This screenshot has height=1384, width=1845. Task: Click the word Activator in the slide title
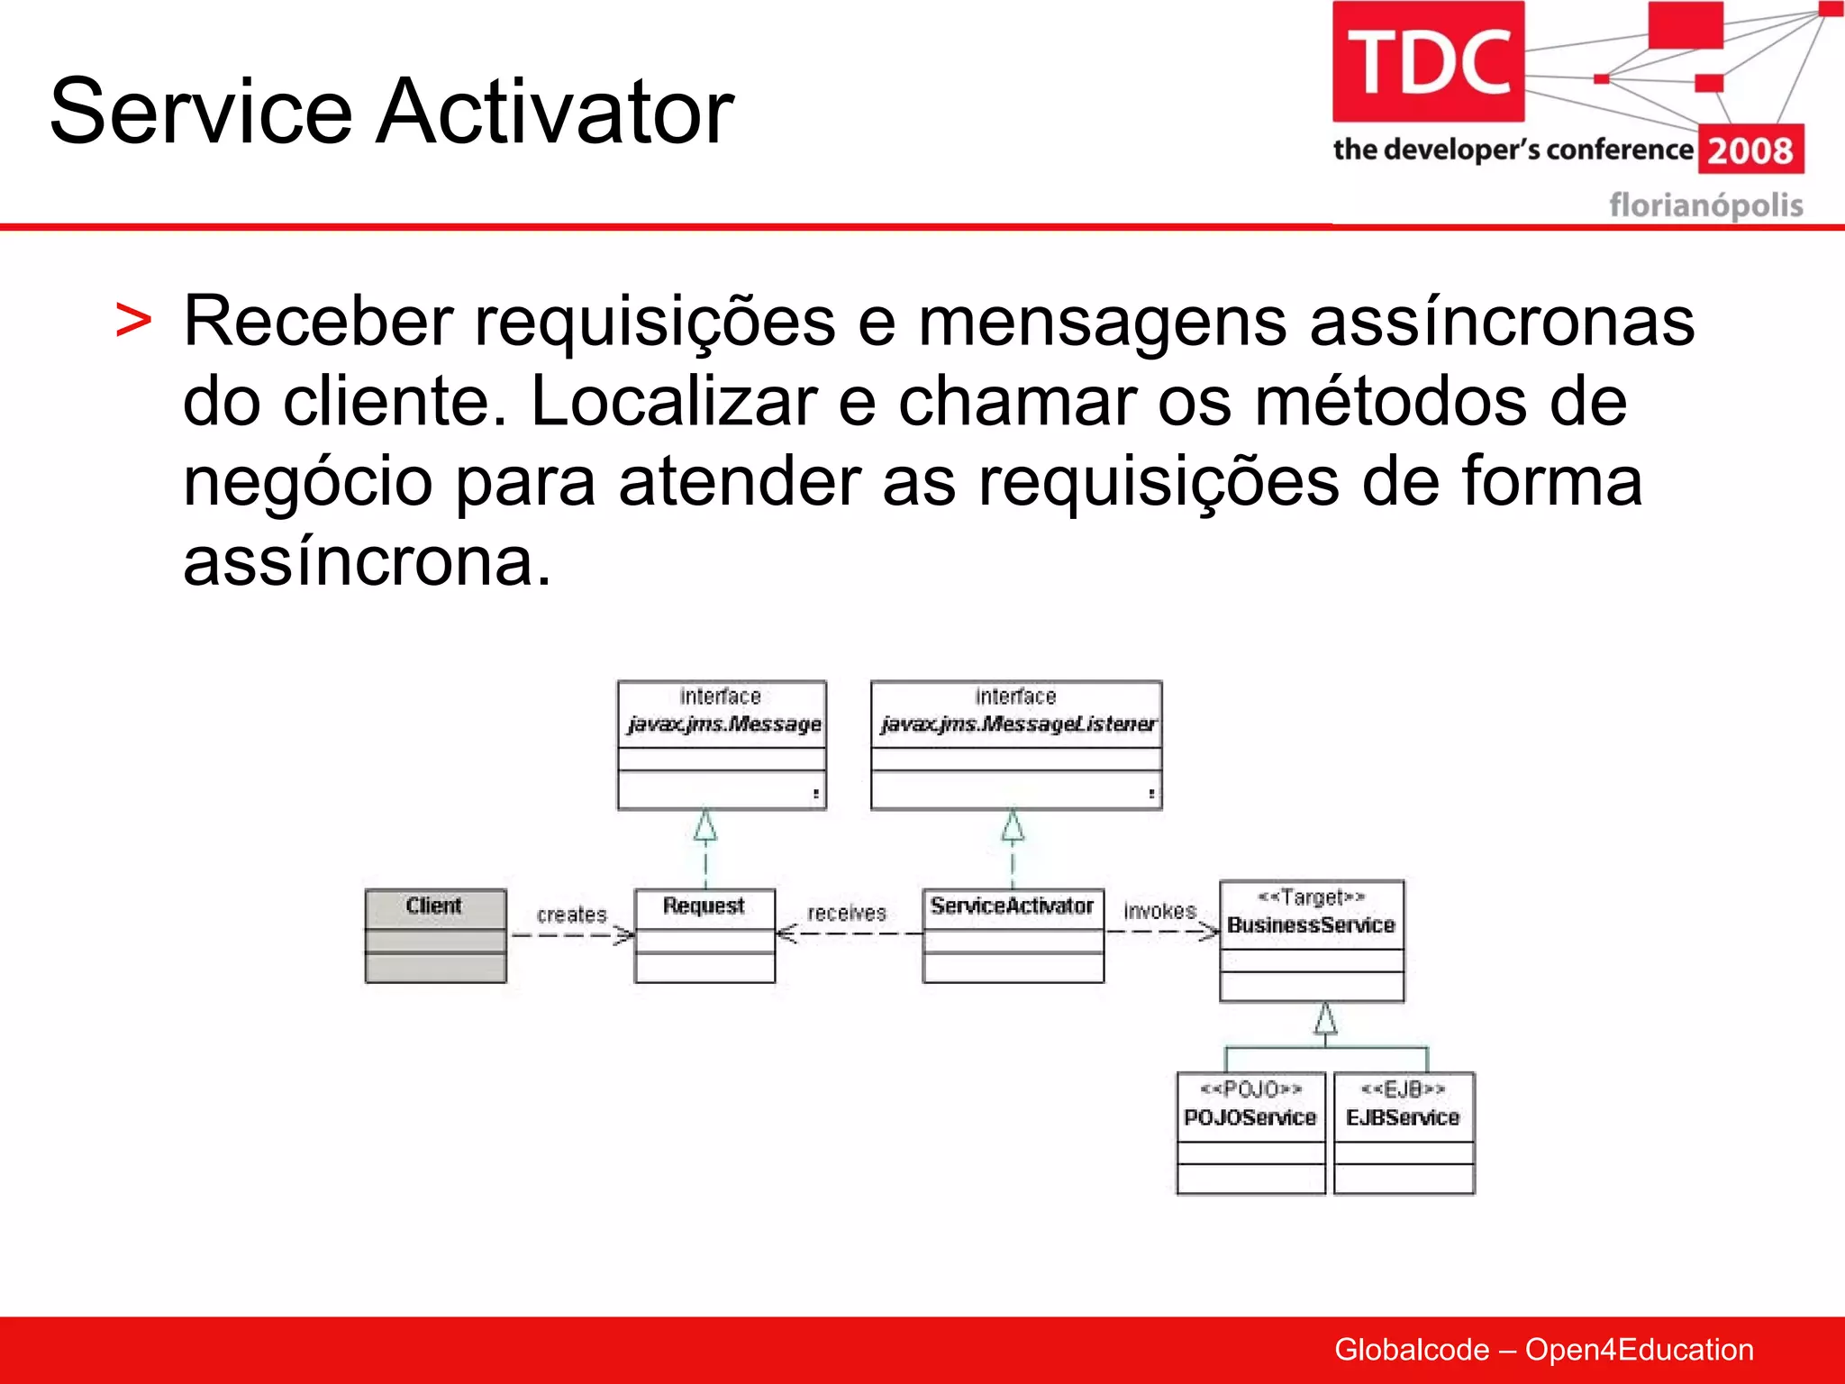click(555, 112)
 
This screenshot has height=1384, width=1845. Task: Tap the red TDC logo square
click(1428, 61)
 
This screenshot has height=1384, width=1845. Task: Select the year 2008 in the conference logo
click(1750, 150)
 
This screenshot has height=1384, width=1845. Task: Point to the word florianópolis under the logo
click(1705, 205)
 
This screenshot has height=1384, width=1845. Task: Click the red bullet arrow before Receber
click(133, 322)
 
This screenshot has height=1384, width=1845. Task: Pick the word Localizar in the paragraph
click(674, 401)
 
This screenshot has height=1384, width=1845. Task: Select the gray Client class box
click(435, 935)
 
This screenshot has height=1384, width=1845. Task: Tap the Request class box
click(704, 935)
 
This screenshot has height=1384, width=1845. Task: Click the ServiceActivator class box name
click(1012, 906)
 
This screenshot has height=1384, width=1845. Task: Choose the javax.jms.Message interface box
click(722, 744)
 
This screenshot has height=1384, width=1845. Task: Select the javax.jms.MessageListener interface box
click(1015, 744)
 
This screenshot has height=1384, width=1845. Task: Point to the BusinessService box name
click(1311, 925)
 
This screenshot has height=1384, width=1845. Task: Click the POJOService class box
click(1250, 1133)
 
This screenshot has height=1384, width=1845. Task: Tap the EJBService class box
click(1404, 1133)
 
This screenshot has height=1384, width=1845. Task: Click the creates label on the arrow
click(571, 915)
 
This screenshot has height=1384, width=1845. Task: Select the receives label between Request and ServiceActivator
click(847, 913)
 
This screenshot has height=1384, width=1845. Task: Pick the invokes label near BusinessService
click(1159, 911)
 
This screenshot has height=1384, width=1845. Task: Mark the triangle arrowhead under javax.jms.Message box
click(705, 825)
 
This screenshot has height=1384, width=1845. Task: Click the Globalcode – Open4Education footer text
click(1543, 1350)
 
